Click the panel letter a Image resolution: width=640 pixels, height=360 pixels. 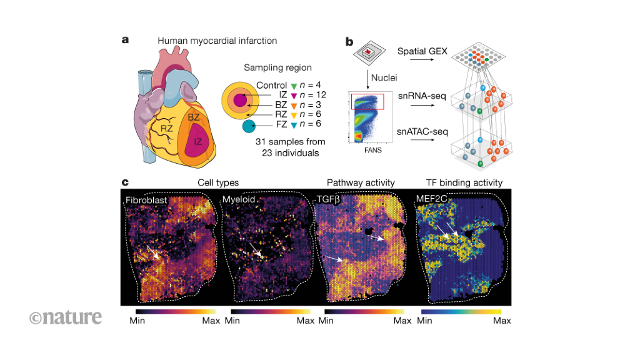pyautogui.click(x=126, y=40)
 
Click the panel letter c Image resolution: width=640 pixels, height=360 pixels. pyautogui.click(x=126, y=182)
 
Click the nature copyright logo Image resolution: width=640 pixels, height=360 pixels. pyautogui.click(x=65, y=317)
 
